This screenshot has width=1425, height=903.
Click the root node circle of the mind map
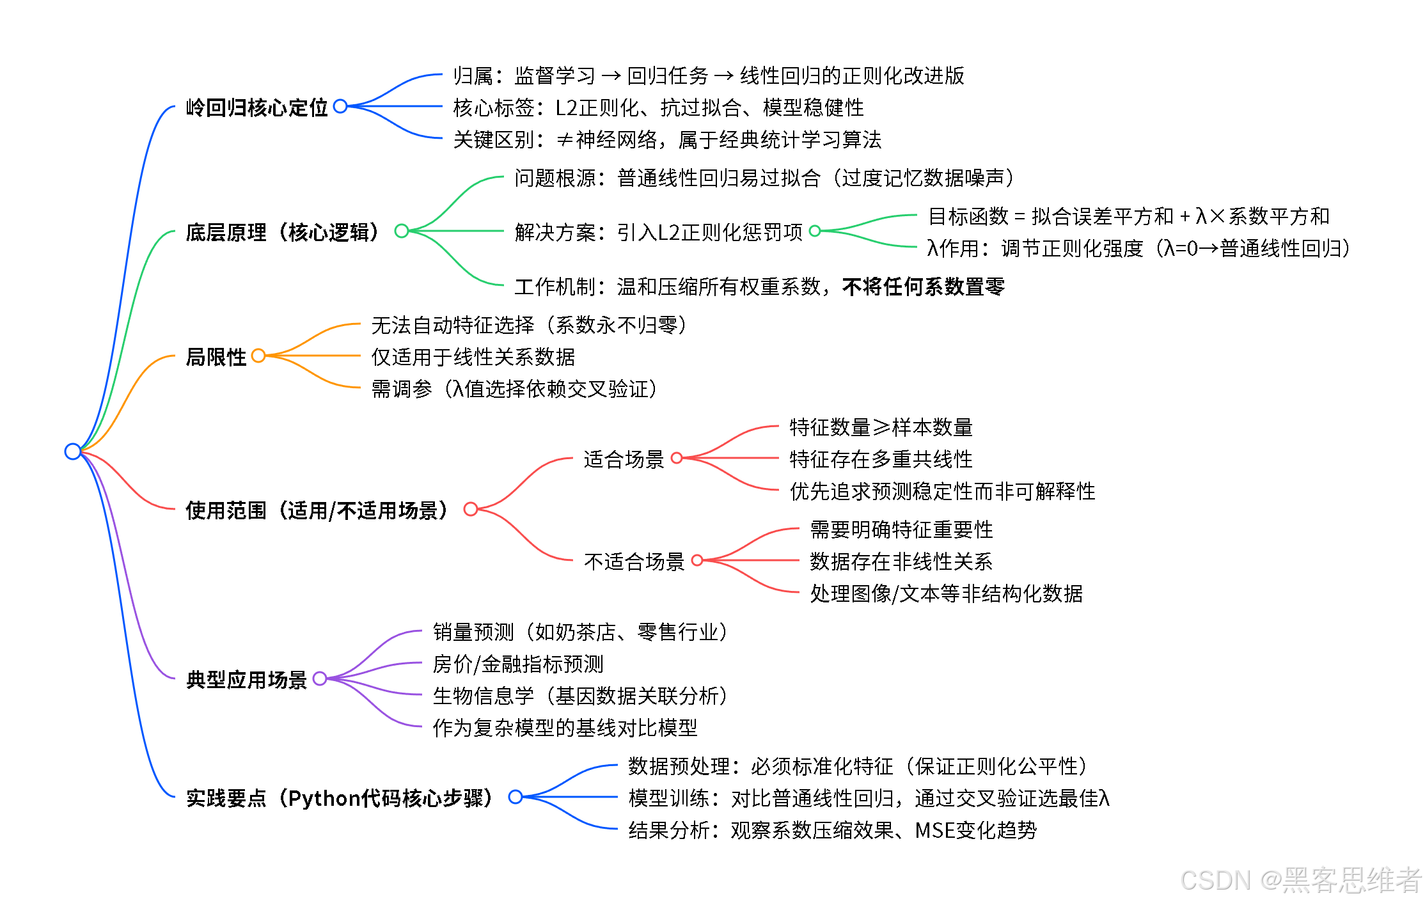tap(73, 452)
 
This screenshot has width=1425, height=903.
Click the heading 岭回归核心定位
tap(256, 107)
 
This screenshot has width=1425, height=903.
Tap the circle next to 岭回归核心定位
tap(340, 106)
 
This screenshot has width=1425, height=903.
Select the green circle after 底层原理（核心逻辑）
tap(402, 231)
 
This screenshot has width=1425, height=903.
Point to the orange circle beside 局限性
tap(258, 356)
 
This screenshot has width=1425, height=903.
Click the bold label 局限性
tap(216, 357)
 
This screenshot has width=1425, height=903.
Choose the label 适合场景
tap(624, 459)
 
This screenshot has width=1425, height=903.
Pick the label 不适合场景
tap(634, 561)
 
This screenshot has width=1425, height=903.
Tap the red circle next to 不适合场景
tap(697, 560)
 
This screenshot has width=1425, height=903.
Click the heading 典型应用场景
tap(246, 680)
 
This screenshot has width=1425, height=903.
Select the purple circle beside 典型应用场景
tap(320, 679)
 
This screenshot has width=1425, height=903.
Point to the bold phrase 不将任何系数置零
tap(924, 287)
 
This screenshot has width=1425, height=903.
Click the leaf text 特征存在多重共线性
tap(881, 459)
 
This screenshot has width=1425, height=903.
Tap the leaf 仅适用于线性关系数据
tap(473, 357)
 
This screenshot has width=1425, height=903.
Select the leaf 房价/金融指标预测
tap(518, 664)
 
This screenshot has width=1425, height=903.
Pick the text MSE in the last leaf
tap(935, 830)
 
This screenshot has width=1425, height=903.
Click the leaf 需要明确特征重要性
tap(901, 530)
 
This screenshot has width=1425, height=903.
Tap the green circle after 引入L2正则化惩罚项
tap(815, 231)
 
